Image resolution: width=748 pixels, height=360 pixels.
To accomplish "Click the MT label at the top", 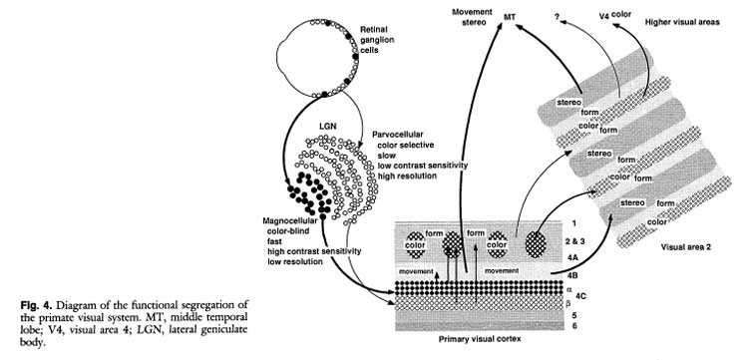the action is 510,17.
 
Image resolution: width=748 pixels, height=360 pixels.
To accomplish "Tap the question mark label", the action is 557,17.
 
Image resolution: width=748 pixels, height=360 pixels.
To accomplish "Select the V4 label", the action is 604,17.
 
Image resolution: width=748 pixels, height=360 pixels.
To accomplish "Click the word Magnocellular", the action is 290,220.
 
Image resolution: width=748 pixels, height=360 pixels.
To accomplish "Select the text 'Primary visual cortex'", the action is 480,339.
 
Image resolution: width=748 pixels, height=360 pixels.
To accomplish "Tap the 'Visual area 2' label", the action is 686,247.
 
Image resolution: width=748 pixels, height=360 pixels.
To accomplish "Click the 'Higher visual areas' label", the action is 682,22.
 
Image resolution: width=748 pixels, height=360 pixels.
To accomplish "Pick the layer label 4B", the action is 571,274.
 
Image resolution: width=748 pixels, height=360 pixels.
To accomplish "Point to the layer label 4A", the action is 571,258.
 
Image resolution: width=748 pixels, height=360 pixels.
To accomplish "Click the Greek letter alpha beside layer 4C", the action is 569,289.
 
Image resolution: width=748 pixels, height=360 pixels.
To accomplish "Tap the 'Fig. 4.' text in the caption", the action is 33,305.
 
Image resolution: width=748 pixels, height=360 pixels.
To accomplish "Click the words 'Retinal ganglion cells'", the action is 377,39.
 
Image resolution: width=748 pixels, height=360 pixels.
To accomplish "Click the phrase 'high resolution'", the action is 407,176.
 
